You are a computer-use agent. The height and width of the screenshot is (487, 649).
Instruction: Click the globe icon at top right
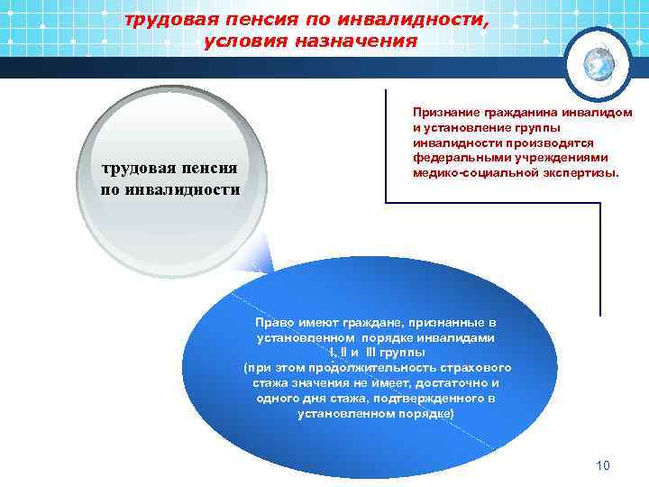point(596,62)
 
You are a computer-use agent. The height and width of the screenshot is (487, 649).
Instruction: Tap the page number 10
point(603,465)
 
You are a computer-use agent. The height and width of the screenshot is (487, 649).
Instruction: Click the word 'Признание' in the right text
point(442,111)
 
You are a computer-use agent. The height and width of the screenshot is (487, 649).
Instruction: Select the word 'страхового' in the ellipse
point(479,368)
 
